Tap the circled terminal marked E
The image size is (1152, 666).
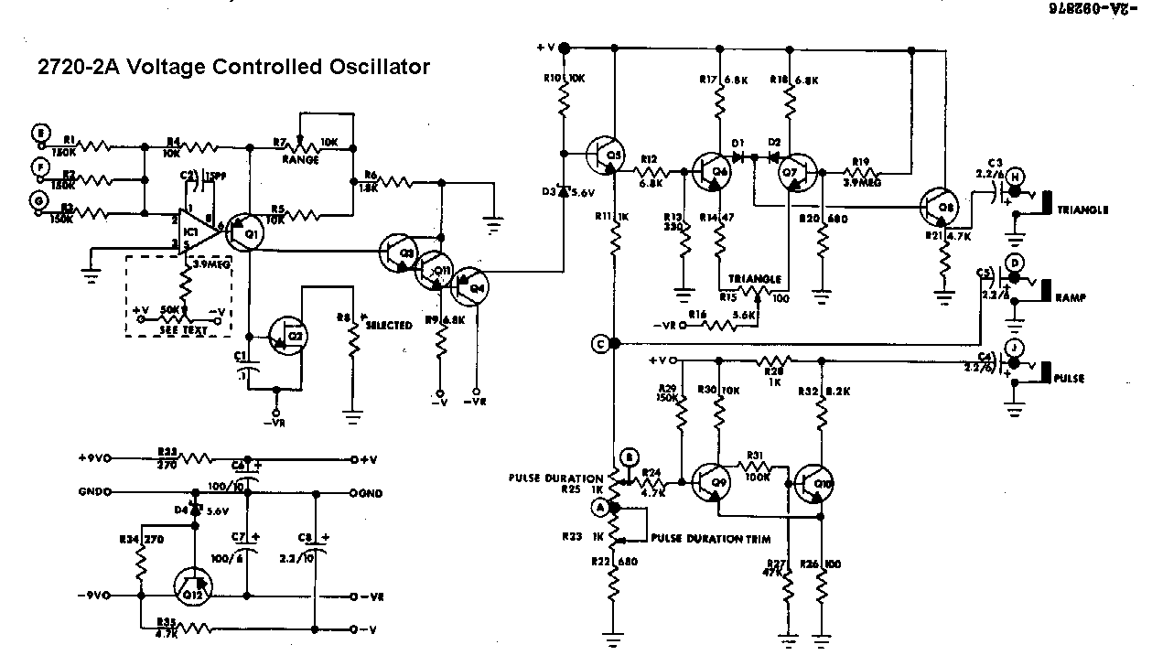pyautogui.click(x=39, y=134)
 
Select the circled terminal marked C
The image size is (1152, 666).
pyautogui.click(x=600, y=344)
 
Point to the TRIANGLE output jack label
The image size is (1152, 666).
pyautogui.click(x=1082, y=209)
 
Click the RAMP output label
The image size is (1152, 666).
pyautogui.click(x=1071, y=298)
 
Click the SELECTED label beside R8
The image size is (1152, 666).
pyautogui.click(x=389, y=326)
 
